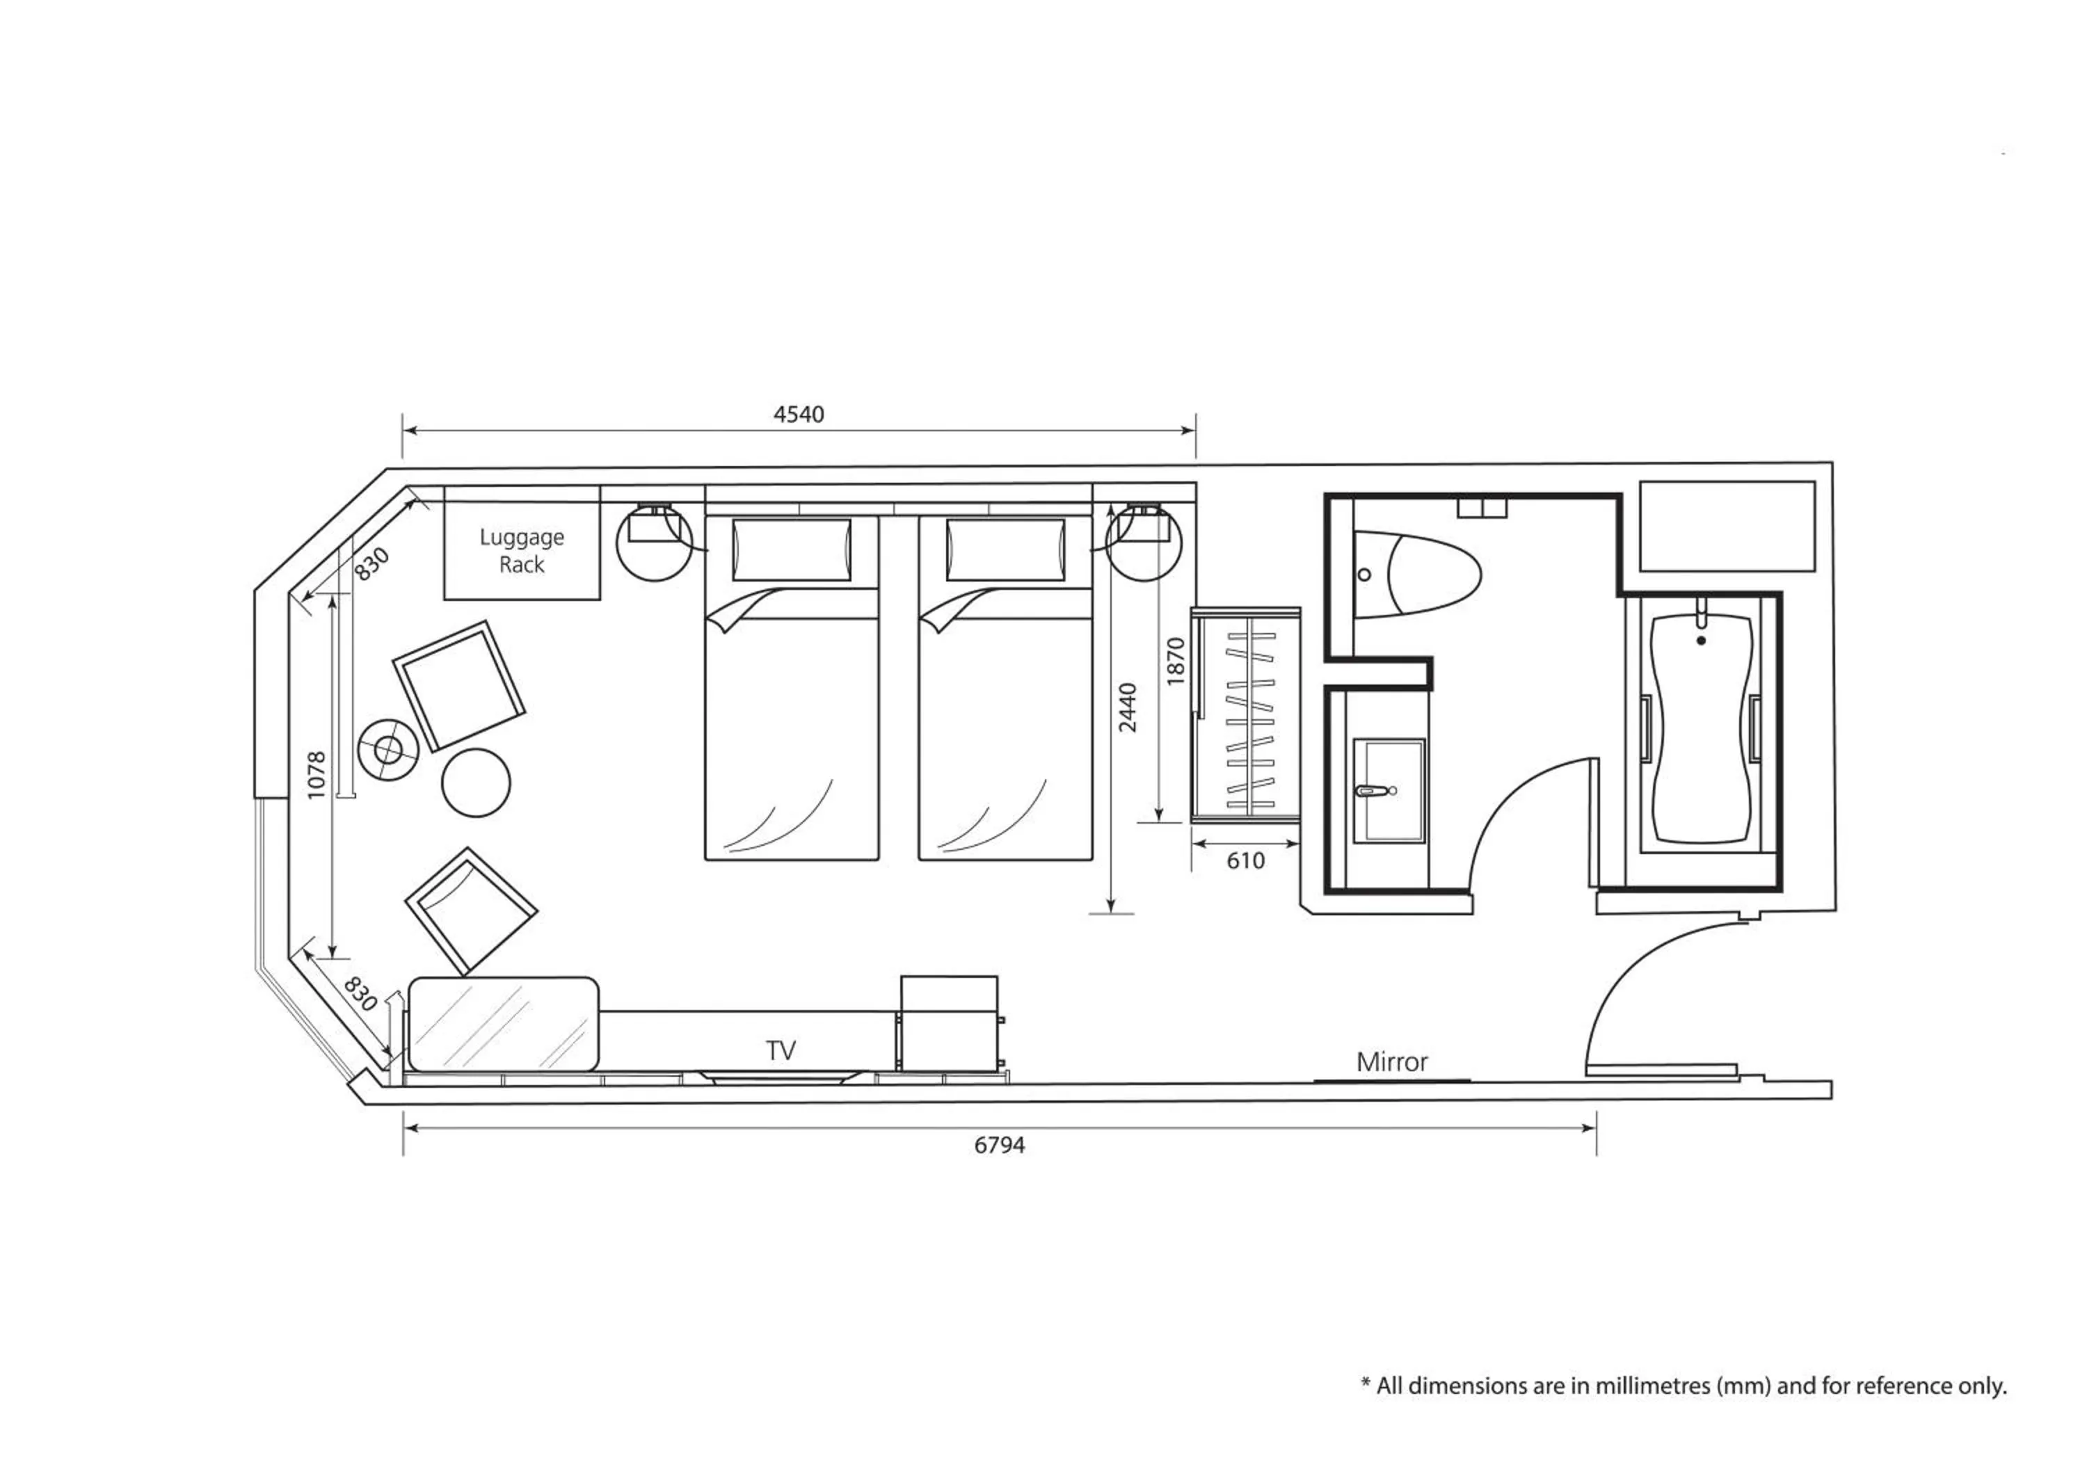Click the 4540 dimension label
pos(798,415)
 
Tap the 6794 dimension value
pos(999,1145)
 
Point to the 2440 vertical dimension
pos(1127,707)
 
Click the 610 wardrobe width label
pos(1245,860)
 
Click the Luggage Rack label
pos(522,551)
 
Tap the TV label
pos(780,1050)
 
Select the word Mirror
pos(1391,1061)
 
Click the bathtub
pos(1701,727)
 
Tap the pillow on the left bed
pos(791,550)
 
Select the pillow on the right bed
pos(1005,550)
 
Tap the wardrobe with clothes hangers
pos(1245,714)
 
